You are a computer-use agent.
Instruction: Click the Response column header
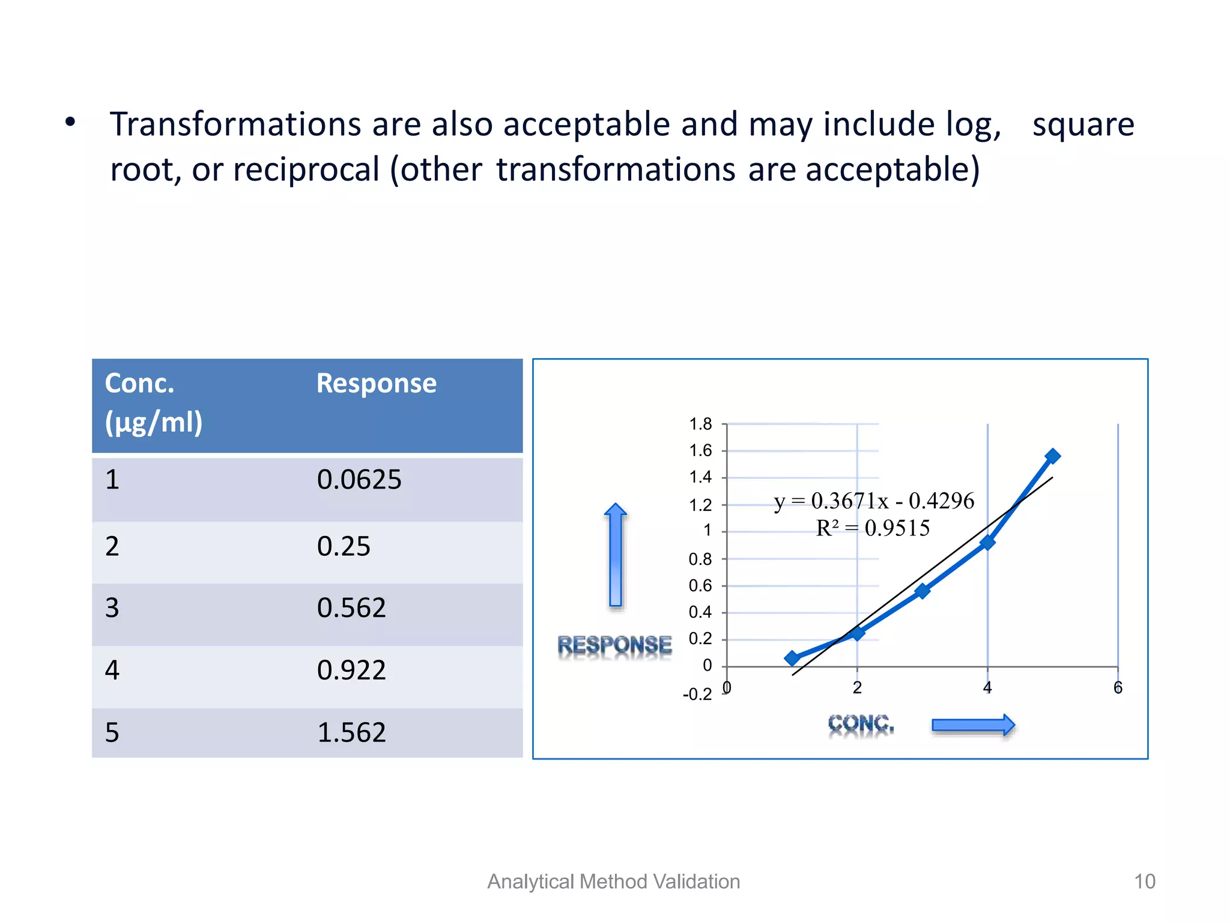pos(376,383)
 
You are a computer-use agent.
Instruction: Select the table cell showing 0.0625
pos(359,480)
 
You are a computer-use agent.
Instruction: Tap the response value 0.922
pos(351,670)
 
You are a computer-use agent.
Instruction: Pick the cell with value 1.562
pos(351,733)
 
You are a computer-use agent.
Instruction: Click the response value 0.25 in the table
pos(344,546)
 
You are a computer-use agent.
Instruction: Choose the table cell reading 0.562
pos(351,608)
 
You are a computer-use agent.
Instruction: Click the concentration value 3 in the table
pos(112,608)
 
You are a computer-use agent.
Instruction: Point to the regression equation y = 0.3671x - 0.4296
pos(874,501)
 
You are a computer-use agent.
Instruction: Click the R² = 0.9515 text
pos(873,528)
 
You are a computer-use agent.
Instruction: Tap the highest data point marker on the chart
pos(1052,456)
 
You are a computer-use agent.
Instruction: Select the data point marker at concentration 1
pos(792,658)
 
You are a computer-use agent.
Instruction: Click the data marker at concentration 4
pos(987,543)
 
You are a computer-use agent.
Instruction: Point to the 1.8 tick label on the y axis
pos(700,424)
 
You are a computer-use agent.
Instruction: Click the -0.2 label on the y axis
pos(697,695)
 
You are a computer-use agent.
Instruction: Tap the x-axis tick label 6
pos(1118,688)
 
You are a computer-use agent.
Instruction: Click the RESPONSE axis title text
pos(614,645)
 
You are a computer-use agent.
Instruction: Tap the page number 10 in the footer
pos(1144,882)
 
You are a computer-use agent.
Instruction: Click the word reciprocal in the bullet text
pos(306,169)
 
